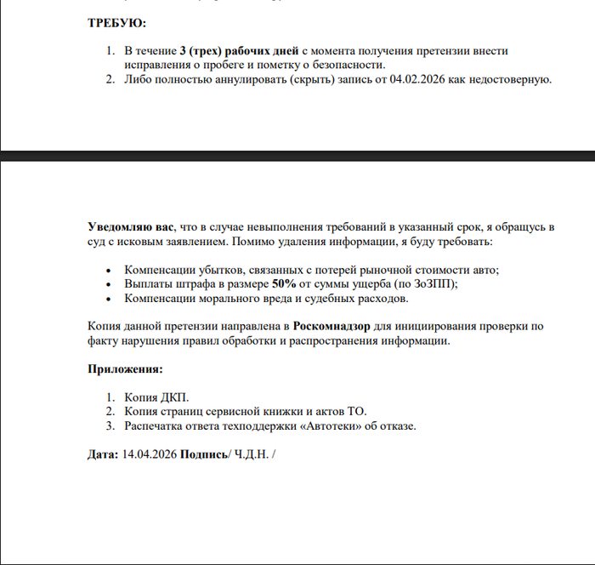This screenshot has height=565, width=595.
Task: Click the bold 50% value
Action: click(x=283, y=284)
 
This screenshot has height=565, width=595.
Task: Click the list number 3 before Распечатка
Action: click(x=110, y=426)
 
